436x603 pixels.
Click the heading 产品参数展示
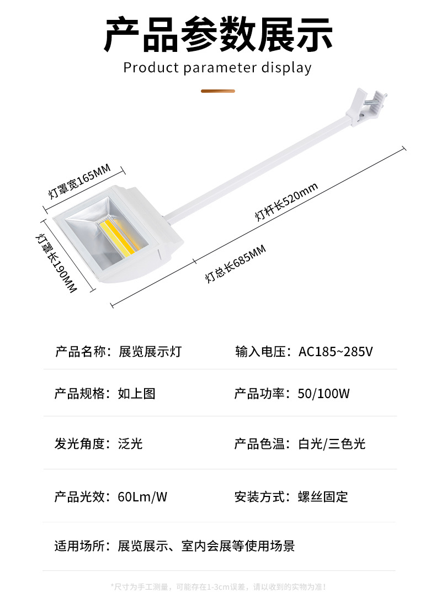[x=218, y=34]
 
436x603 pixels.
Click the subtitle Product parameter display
[x=217, y=68]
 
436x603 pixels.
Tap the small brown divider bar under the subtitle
[x=218, y=91]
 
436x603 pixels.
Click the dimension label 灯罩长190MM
[x=55, y=263]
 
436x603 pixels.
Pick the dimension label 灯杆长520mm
[x=286, y=202]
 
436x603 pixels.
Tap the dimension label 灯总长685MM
[x=236, y=264]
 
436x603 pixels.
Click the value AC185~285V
[x=336, y=351]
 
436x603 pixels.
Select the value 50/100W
[x=323, y=394]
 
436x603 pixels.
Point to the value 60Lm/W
[x=142, y=496]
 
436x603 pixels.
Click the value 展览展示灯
[x=150, y=351]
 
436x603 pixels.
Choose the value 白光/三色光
[x=331, y=443]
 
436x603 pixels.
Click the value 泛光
[x=130, y=443]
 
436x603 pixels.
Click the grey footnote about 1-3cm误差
[x=218, y=586]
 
